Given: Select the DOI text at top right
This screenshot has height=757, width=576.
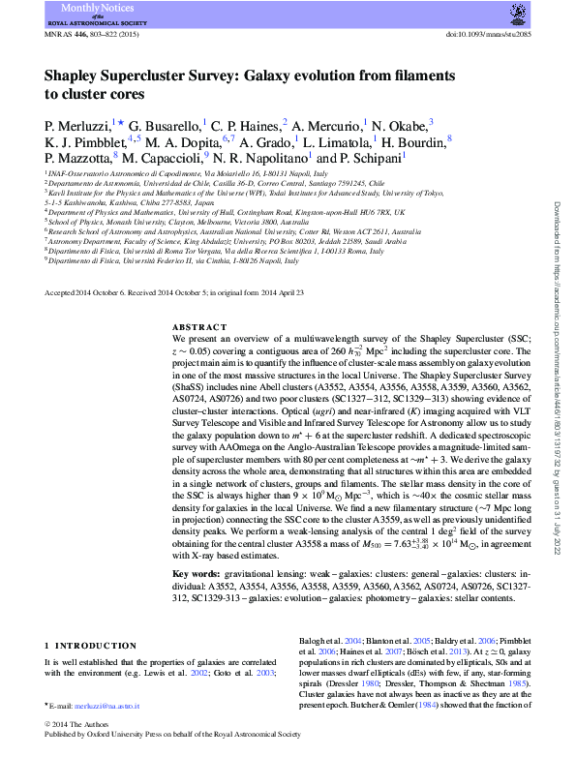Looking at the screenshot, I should (x=488, y=35).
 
